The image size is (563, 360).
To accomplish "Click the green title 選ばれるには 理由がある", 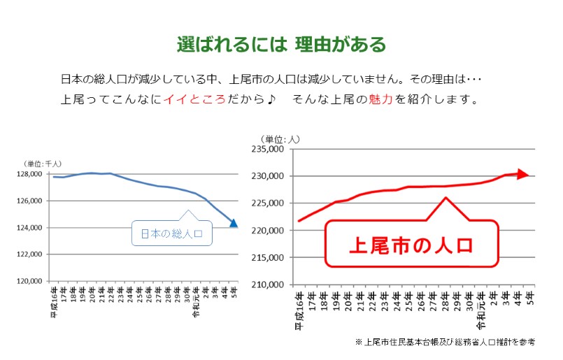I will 281,45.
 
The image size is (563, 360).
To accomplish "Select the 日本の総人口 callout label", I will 171,234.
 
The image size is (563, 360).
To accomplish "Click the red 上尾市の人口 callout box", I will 411,245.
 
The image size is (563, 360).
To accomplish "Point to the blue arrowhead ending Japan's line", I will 234,224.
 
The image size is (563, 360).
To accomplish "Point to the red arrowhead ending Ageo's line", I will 522,174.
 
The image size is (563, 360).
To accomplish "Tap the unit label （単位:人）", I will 280,138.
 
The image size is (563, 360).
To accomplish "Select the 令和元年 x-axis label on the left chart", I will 196,303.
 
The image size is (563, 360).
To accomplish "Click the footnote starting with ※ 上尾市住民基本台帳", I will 445,343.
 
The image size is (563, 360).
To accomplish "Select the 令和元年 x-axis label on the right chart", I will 481,310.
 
